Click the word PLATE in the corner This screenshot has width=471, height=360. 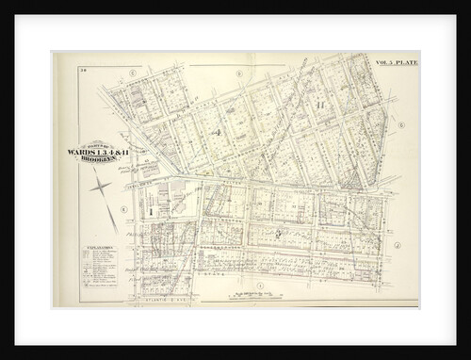coord(408,62)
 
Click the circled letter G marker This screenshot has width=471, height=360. coord(400,124)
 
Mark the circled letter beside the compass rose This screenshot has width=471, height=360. coord(123,209)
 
